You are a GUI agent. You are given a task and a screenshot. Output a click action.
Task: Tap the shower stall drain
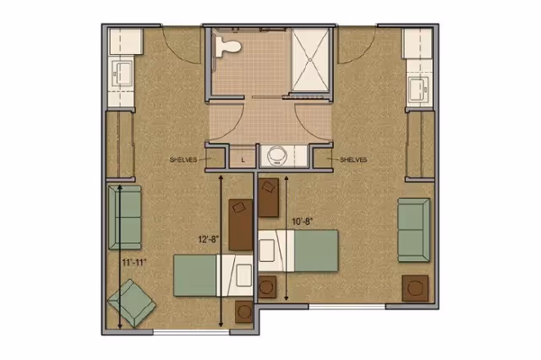pyautogui.click(x=314, y=58)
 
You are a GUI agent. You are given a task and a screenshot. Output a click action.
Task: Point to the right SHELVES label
pyautogui.click(x=353, y=159)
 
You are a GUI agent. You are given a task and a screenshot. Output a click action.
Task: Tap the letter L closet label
pyautogui.click(x=243, y=158)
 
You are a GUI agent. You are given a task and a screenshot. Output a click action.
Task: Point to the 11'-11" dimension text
pyautogui.click(x=134, y=263)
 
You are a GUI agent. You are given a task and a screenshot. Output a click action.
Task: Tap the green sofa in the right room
pyautogui.click(x=414, y=224)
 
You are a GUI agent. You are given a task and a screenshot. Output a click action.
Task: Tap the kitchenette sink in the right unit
pyautogui.click(x=418, y=87)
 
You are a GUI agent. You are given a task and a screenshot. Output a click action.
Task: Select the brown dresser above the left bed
pyautogui.click(x=241, y=224)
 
